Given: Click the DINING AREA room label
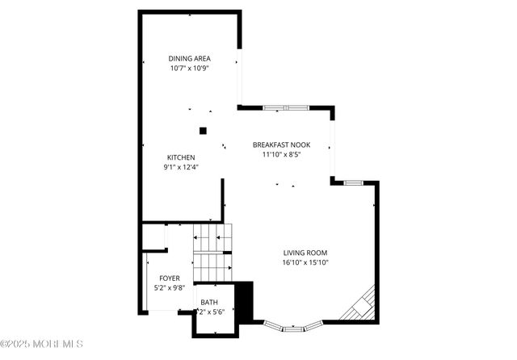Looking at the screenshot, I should point(191,58).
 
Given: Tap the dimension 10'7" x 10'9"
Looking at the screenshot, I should point(191,69).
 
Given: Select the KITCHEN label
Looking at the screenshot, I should point(180,157).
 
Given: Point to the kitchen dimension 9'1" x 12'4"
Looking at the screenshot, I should point(180,167).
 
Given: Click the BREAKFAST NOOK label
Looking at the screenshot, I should point(281,145).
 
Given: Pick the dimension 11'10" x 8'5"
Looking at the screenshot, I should point(281,155).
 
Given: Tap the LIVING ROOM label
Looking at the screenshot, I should point(305,252).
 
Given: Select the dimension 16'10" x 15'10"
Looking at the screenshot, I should point(305,262).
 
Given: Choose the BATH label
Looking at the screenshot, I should point(209,302).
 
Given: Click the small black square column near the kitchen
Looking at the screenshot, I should point(204,130).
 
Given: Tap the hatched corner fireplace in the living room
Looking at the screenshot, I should point(359,304).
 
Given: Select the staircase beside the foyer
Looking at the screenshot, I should point(212,251).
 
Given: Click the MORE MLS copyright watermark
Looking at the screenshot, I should point(42,345).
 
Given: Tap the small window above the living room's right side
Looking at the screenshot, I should point(353,182).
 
